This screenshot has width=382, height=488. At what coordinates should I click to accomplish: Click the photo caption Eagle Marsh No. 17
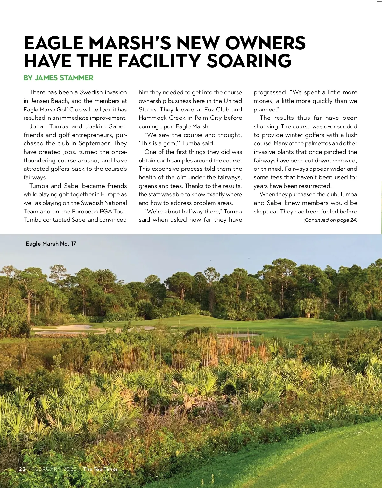(x=51, y=244)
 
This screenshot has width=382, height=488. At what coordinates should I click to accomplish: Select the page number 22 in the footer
(x=22, y=469)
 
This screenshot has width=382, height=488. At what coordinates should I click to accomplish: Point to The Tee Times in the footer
(x=100, y=469)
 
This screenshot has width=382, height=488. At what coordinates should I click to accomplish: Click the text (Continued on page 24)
(x=330, y=220)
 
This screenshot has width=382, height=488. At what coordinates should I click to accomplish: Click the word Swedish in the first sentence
(x=91, y=92)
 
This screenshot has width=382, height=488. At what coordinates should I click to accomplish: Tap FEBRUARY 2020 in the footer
(x=54, y=469)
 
